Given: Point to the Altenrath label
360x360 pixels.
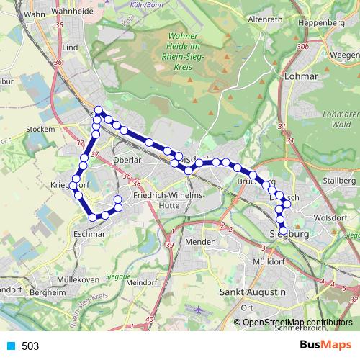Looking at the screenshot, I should point(264,20).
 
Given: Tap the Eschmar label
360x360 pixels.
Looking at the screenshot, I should point(91,234).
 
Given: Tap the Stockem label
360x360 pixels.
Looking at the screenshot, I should point(40,129).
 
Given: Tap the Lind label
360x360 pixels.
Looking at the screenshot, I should point(70,48).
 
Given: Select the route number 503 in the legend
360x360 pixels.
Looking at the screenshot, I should point(30,346).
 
